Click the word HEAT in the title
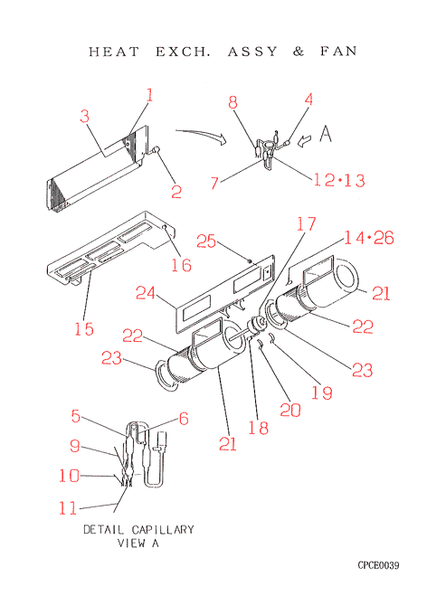coord(114,52)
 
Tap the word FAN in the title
coord(338,51)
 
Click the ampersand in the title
coord(299,52)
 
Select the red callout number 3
coord(85,116)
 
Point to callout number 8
coord(233,102)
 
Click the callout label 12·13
coord(339,180)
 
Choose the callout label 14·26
coord(369,238)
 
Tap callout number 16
coord(181,265)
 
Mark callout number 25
coord(206,241)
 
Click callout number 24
coord(146,293)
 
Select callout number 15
coord(84,328)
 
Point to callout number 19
coord(322,393)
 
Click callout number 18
coord(259,428)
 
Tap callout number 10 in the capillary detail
coord(69,476)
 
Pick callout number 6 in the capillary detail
coord(184,419)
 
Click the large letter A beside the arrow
coord(326,133)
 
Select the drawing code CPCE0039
coord(378,565)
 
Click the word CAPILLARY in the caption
coord(163,530)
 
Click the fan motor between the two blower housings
coord(257,326)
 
